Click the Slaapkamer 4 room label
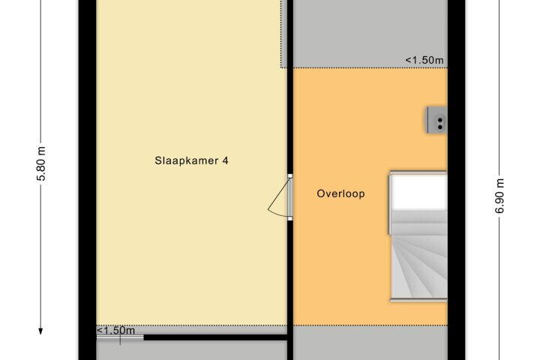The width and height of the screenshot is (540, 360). (191, 160)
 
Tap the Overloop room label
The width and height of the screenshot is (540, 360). (340, 193)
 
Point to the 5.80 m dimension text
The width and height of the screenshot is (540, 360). (41, 163)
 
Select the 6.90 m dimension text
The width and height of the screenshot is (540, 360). (500, 196)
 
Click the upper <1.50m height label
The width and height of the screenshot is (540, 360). (424, 60)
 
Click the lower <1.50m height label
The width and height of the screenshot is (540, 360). (115, 330)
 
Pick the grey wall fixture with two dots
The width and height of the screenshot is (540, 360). (437, 120)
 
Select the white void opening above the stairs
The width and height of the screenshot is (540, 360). (418, 191)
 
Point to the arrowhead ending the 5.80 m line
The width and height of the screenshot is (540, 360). (40, 331)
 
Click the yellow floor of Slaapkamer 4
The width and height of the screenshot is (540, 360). (191, 103)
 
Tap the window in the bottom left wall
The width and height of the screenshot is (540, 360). (120, 337)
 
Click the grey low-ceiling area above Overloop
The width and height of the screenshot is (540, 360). (370, 34)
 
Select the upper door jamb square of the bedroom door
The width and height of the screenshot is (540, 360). (290, 176)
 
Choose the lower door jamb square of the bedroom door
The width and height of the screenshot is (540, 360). (290, 219)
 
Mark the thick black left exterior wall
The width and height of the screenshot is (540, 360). (88, 180)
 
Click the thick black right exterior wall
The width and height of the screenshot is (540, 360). (457, 180)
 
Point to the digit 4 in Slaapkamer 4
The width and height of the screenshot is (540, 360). (225, 160)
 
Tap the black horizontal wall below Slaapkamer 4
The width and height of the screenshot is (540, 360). (215, 337)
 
